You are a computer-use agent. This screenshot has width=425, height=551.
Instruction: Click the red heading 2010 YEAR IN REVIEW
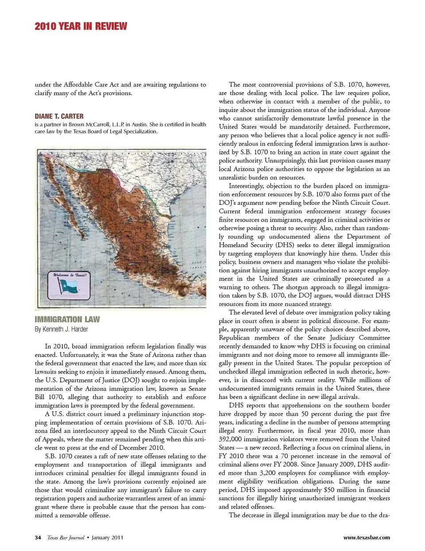click(x=81, y=27)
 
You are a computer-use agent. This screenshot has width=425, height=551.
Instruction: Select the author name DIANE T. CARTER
click(x=59, y=116)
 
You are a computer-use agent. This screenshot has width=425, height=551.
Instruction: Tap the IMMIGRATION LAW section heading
click(x=67, y=319)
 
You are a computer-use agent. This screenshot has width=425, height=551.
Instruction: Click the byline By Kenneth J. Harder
click(x=61, y=329)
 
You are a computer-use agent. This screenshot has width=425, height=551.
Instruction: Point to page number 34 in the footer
click(x=38, y=538)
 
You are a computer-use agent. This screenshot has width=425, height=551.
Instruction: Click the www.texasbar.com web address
click(x=367, y=538)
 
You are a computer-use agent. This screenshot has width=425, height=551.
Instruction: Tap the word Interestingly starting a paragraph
click(x=247, y=186)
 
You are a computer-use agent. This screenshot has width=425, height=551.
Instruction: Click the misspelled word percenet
click(x=306, y=456)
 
